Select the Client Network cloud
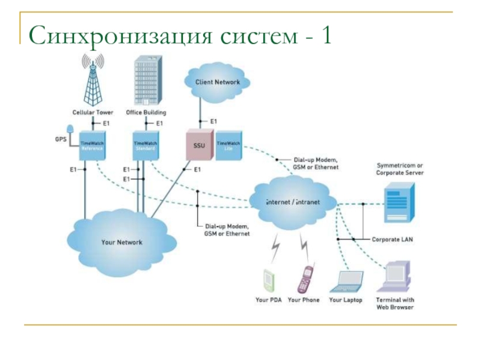pyautogui.click(x=217, y=82)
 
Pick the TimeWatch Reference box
pyautogui.click(x=92, y=146)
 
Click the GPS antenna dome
pyautogui.click(x=71, y=129)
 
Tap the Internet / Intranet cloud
pyautogui.click(x=293, y=203)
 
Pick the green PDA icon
pyautogui.click(x=268, y=281)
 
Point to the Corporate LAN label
pyautogui.click(x=392, y=239)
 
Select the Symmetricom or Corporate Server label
pyautogui.click(x=400, y=168)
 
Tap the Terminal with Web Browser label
pyautogui.click(x=395, y=303)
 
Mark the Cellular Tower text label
pyautogui.click(x=93, y=113)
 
